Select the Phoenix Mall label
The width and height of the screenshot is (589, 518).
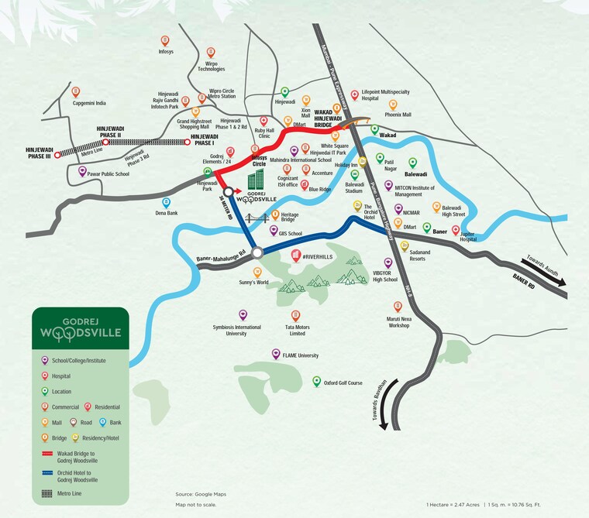[x=398, y=115]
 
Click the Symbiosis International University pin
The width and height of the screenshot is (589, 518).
[x=243, y=314]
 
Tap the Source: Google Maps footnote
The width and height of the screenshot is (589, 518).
[x=200, y=493]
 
